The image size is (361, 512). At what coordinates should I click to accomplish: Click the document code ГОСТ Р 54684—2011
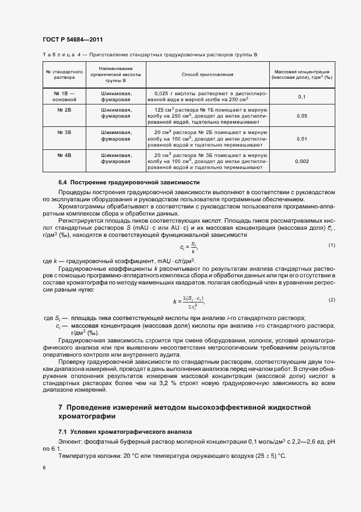pyautogui.click(x=73, y=40)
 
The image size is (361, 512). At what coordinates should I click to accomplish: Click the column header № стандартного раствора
pyautogui.click(x=63, y=75)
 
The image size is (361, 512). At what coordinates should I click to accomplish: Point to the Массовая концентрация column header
pyautogui.click(x=301, y=75)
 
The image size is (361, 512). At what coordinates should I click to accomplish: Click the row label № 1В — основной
pyautogui.click(x=63, y=97)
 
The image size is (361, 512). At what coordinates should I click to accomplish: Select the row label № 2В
pyautogui.click(x=63, y=110)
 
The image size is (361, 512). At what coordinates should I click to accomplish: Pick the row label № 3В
pyautogui.click(x=63, y=132)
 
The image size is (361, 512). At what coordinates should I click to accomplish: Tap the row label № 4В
pyautogui.click(x=63, y=155)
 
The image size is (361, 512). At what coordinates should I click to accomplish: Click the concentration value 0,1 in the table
pyautogui.click(x=301, y=97)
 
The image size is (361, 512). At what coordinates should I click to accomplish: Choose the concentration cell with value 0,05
pyautogui.click(x=301, y=117)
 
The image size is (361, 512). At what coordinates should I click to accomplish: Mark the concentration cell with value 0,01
pyautogui.click(x=301, y=139)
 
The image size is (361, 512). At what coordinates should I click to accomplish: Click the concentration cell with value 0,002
pyautogui.click(x=301, y=161)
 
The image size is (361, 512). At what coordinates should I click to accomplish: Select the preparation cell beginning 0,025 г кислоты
pyautogui.click(x=204, y=97)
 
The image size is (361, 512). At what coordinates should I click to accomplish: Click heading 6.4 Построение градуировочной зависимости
pyautogui.click(x=129, y=182)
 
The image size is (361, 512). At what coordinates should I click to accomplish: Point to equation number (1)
pyautogui.click(x=332, y=245)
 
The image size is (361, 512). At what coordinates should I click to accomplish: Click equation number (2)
pyautogui.click(x=332, y=300)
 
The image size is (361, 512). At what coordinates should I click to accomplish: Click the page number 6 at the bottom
pyautogui.click(x=44, y=468)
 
